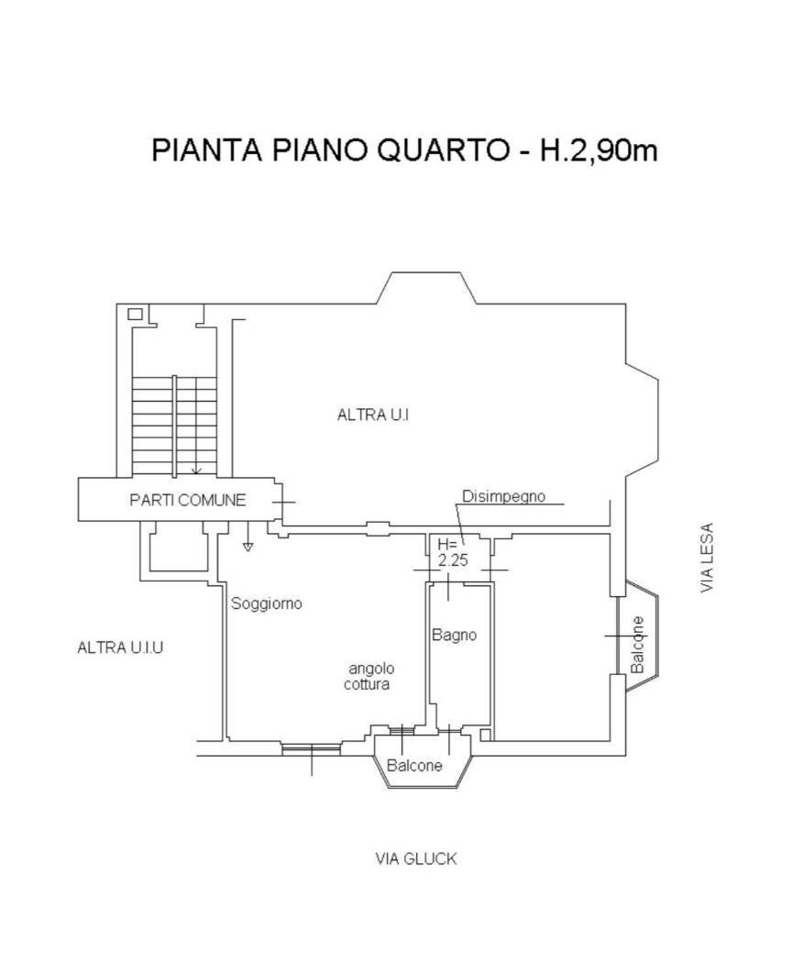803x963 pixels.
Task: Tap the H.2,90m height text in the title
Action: (597, 149)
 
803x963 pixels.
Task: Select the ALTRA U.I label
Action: (373, 415)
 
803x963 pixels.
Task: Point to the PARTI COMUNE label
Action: (187, 500)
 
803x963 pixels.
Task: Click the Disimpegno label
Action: (503, 497)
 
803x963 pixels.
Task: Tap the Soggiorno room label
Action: (267, 604)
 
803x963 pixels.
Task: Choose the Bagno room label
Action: (455, 635)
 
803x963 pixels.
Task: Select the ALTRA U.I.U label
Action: (120, 648)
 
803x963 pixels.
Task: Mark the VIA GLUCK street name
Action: (415, 859)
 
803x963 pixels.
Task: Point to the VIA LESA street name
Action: (707, 558)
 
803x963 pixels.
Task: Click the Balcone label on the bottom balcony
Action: (414, 766)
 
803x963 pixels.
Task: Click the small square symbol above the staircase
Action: (135, 314)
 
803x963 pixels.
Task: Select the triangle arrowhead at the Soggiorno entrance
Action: (247, 548)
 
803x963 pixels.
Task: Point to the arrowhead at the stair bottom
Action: (196, 471)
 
